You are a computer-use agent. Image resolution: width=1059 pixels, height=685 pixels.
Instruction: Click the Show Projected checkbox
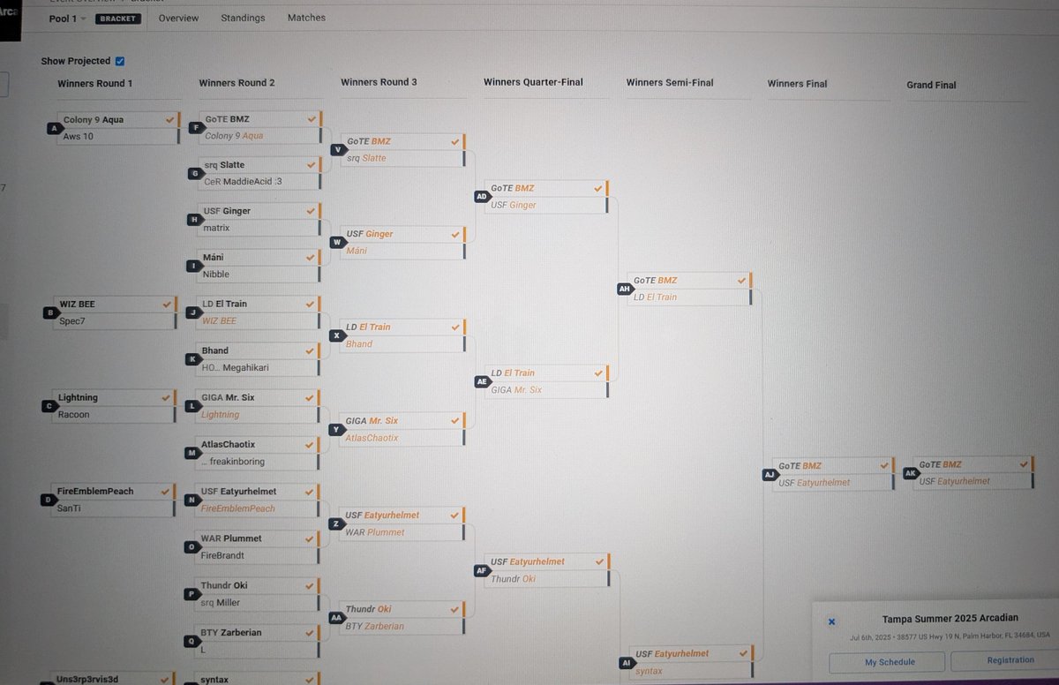pos(120,61)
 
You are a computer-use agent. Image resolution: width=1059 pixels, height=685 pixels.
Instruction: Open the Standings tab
pos(244,18)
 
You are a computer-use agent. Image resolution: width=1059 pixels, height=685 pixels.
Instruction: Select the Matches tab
pos(306,18)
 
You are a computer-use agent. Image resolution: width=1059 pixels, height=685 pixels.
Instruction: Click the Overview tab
pos(178,18)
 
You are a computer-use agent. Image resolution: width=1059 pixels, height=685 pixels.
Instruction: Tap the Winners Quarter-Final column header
pos(533,83)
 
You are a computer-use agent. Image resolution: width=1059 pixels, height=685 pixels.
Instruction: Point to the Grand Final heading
pos(931,85)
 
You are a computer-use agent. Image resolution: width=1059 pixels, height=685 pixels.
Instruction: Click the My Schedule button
pos(887,661)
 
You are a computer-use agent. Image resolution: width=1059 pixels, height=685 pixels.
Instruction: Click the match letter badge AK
pos(911,473)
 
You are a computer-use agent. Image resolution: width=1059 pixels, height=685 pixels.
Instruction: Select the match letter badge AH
pos(625,289)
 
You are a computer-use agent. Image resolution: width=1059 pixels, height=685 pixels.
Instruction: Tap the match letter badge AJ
pos(769,474)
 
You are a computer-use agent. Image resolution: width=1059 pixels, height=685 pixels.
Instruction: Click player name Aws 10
pos(79,137)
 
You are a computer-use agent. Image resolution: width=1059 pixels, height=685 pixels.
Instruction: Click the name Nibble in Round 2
pos(216,275)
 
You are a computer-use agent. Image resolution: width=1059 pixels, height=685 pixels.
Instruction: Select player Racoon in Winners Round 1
pos(74,414)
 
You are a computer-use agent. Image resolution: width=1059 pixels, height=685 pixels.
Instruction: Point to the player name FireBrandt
pos(222,555)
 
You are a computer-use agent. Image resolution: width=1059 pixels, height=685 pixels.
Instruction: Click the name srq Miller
pos(221,603)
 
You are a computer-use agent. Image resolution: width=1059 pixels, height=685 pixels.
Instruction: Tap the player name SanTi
pos(71,508)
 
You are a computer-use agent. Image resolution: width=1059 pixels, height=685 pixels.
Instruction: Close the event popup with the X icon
pos(831,621)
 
